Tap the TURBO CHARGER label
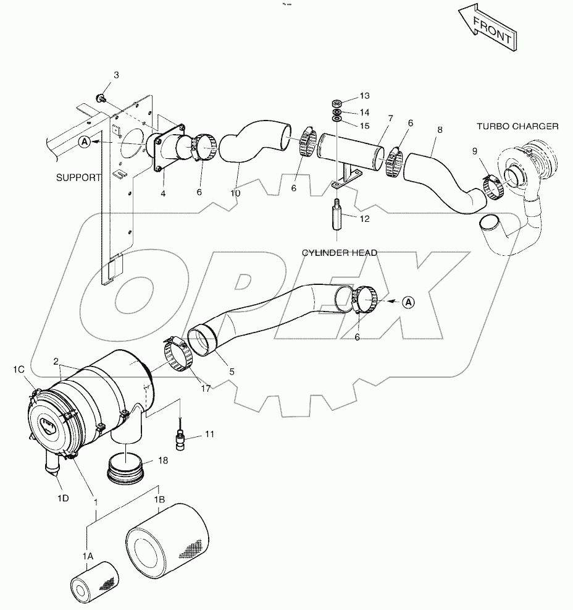click(517, 126)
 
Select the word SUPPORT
click(78, 177)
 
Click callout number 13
click(364, 96)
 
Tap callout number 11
click(209, 434)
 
